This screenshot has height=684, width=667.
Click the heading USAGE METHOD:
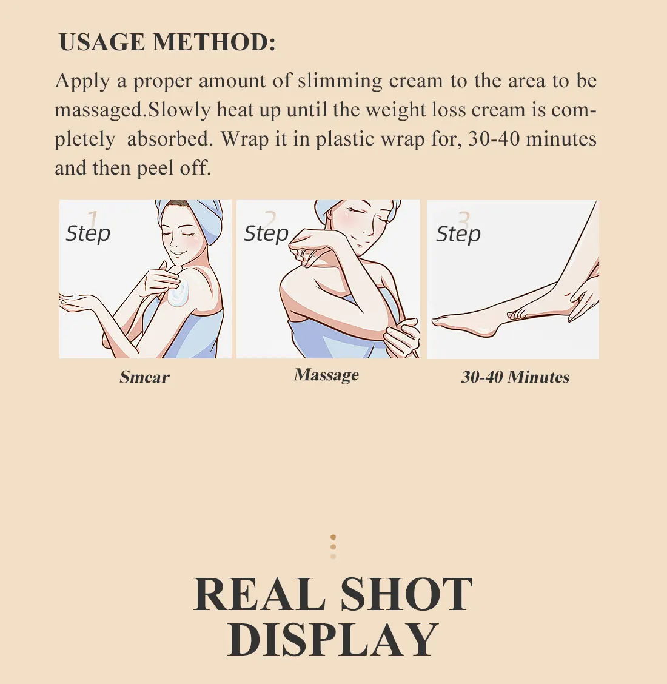pos(167,42)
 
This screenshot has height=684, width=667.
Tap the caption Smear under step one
pos(144,377)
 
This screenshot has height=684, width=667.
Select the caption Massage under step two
pos(326,375)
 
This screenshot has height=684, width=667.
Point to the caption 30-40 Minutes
pos(515,377)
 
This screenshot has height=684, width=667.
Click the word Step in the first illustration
pos(88,233)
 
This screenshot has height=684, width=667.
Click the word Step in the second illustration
pos(266,233)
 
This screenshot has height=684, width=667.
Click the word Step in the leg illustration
pos(458,234)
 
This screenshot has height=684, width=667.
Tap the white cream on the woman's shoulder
pos(178,293)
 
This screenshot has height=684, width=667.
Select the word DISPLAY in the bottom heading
pos(333,640)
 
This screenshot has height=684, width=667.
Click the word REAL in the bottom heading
pos(259,594)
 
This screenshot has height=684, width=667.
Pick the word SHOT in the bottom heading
pos(406,594)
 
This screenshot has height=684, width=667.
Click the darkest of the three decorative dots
pos(333,537)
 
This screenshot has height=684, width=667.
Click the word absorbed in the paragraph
pos(170,139)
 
